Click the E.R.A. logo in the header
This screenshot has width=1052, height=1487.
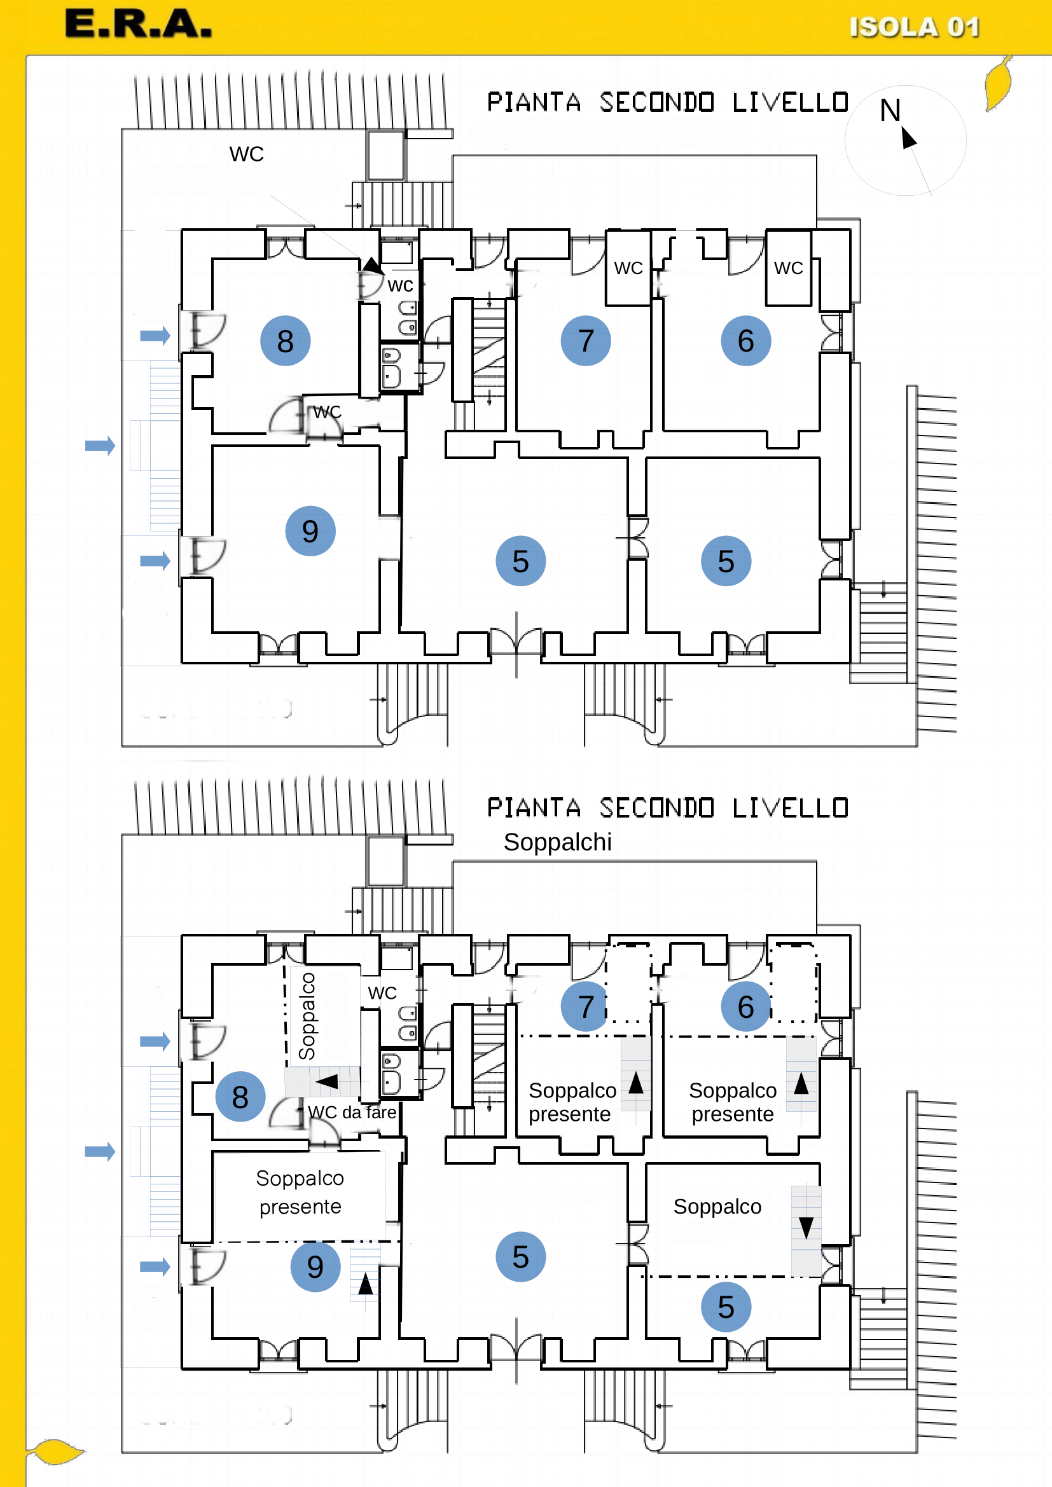pos(138,24)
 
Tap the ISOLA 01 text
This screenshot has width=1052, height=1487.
pos(914,27)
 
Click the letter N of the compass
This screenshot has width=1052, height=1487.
pos(890,110)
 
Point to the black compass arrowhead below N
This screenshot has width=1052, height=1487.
pos(909,137)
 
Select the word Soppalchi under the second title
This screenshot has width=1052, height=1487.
pos(557,842)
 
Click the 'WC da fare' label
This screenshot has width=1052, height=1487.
pos(352,1112)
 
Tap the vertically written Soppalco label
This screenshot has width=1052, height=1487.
pos(307,1016)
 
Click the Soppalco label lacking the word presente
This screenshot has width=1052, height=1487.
pos(717,1207)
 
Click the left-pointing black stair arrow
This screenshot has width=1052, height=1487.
pos(326,1081)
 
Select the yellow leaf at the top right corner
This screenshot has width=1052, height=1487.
pos(998,83)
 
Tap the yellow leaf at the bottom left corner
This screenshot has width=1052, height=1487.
pos(56,1451)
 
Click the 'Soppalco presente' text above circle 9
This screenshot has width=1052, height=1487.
pos(300,1192)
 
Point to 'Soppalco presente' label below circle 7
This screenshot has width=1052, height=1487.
pos(572,1102)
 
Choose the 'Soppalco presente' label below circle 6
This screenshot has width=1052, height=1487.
pos(733,1102)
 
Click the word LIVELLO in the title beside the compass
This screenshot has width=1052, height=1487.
pos(791,102)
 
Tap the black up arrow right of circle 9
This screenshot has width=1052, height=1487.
pos(365,1284)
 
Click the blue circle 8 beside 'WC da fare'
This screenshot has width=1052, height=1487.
pos(240,1097)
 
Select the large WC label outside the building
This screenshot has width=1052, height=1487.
pos(246,154)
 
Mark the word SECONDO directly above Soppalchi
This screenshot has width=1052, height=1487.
pos(656,807)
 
